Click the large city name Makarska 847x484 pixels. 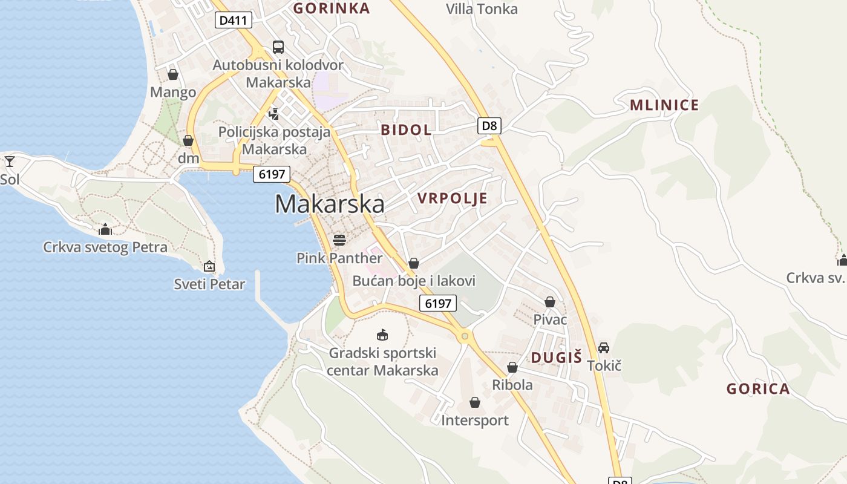coord(330,204)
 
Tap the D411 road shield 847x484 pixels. coord(234,21)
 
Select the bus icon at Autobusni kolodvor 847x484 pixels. coord(278,47)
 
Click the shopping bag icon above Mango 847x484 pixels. coord(173,74)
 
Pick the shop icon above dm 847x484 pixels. coord(188,140)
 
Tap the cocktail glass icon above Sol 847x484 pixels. coord(10,161)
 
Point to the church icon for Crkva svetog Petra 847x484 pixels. coord(105,229)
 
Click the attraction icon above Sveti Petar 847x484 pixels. coord(209,266)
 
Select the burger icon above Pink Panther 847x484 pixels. coord(339,240)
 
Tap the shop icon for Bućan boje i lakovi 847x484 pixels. coord(414,263)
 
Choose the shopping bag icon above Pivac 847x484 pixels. coord(550,301)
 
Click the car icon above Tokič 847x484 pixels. coord(604,347)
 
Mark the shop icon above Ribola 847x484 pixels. coord(512,367)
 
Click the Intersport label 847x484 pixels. coord(475,420)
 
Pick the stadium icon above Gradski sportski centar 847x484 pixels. coord(382,335)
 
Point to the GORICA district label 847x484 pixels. coord(758,389)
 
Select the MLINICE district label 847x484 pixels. coord(664,105)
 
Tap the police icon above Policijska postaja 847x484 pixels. coord(274,113)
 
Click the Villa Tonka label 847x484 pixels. coord(482,9)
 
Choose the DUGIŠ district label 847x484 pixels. coord(556,358)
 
